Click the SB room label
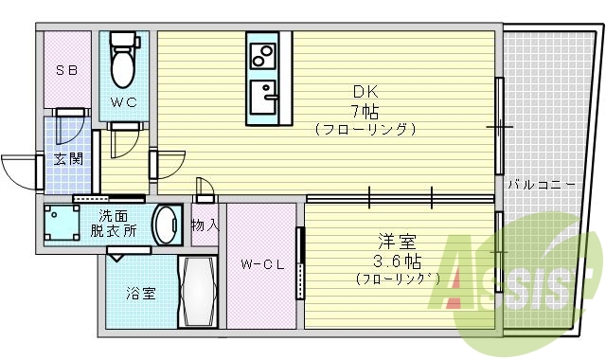point(66,70)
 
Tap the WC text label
point(124,101)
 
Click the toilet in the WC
point(123,63)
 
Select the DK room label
point(365,92)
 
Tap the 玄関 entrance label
point(66,158)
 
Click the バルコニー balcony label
point(541,184)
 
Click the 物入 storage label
point(205,225)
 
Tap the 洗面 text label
point(116,215)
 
